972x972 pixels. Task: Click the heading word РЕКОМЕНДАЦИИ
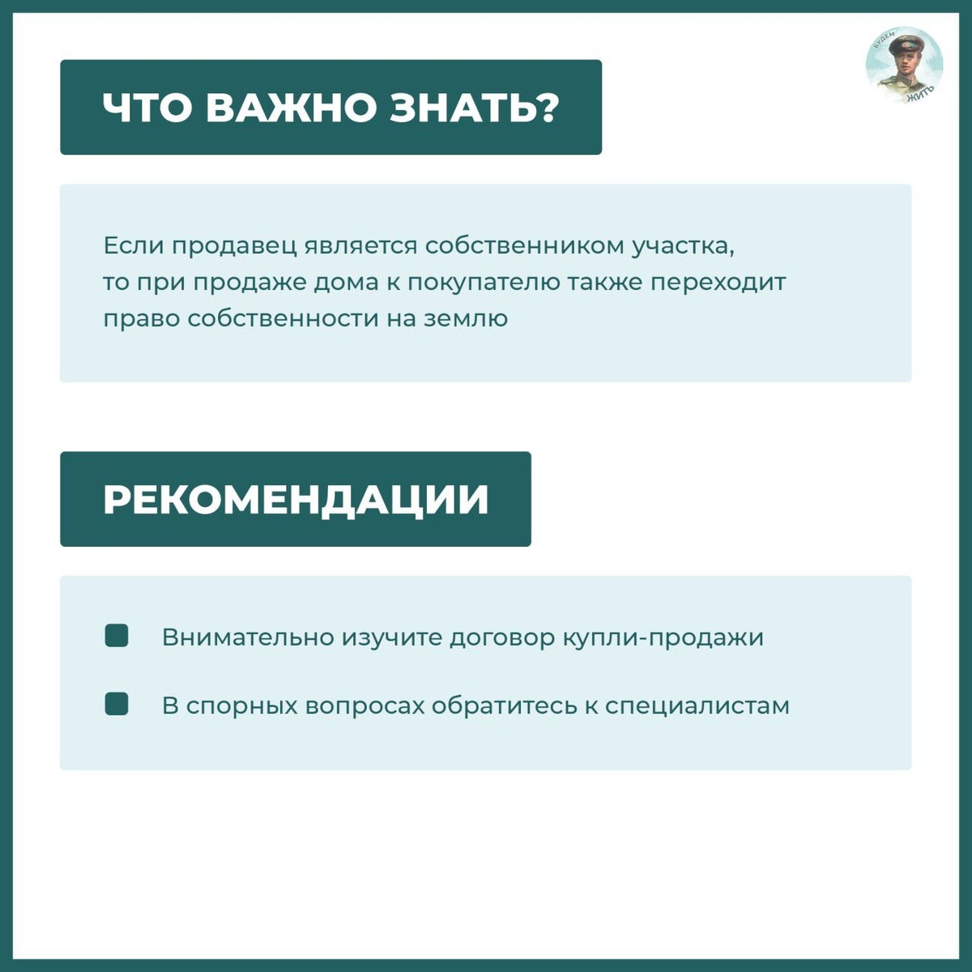click(296, 499)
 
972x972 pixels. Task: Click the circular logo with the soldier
click(904, 66)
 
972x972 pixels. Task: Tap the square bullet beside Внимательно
click(117, 636)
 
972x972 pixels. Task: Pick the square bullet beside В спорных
click(117, 704)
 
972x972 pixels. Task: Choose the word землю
click(466, 318)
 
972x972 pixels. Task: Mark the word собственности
click(283, 318)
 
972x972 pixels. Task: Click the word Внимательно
click(248, 637)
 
